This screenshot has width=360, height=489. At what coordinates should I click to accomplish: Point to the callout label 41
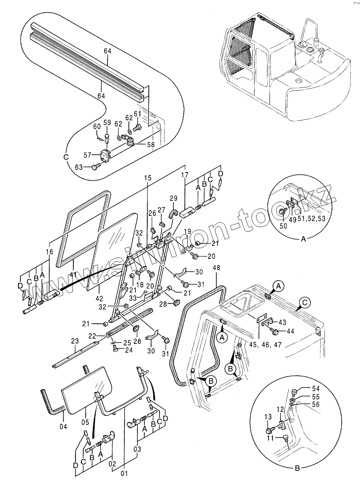click(73, 275)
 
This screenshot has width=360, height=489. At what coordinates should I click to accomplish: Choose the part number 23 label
click(75, 341)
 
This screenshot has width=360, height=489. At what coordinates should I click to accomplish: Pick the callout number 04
click(63, 426)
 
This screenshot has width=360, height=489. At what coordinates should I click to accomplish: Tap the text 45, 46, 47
click(266, 345)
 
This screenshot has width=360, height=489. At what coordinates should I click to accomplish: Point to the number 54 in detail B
click(316, 388)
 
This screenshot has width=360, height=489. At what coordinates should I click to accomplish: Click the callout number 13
click(268, 417)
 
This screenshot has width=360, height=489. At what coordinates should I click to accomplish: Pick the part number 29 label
click(173, 198)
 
